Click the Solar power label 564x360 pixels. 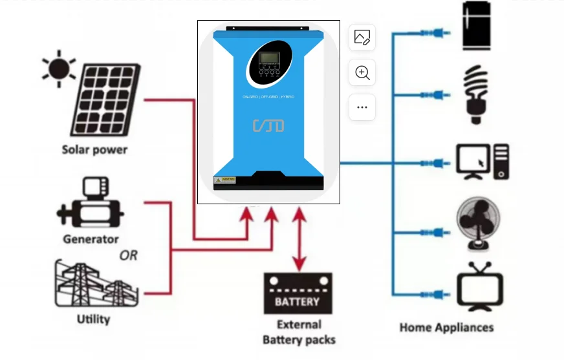pos(95,150)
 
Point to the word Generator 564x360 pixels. pos(91,239)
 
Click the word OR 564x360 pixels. pos(129,255)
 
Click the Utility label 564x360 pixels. pos(93,319)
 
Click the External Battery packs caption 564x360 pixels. pos(299,332)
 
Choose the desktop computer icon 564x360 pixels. pos(483,162)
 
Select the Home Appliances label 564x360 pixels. pos(446,327)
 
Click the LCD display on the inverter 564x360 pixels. pos(268,63)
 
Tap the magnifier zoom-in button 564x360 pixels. pos(362,73)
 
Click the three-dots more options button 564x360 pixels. pos(362,107)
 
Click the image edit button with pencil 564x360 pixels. pos(362,38)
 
